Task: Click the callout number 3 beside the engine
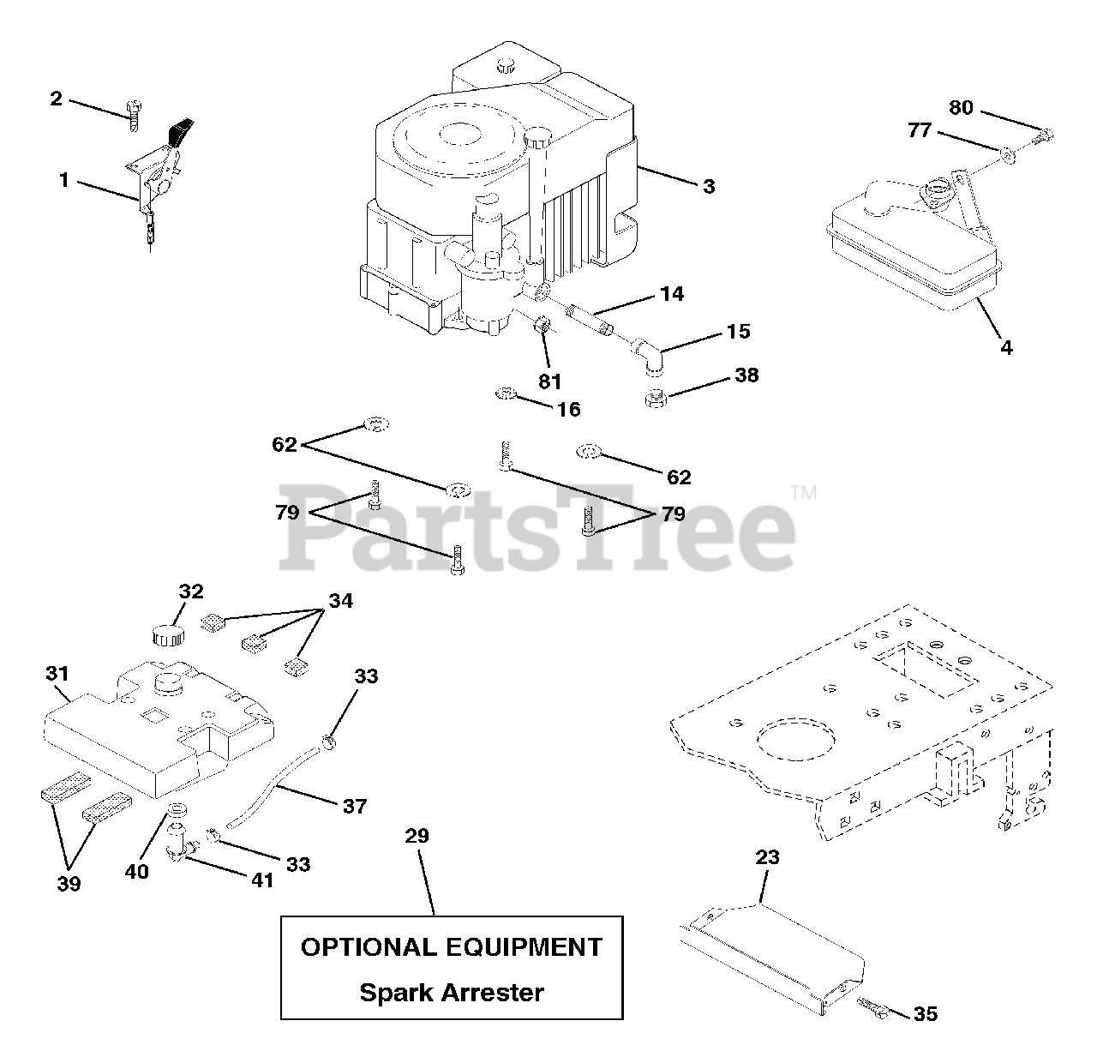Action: pos(709,186)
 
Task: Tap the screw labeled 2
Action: pos(133,115)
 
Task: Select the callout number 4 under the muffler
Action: pos(1006,347)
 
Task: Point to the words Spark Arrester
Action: pos(452,993)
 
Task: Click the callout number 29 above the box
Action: pos(417,836)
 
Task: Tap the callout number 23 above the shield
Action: pos(769,857)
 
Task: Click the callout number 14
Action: pos(672,293)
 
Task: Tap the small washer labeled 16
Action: pos(506,394)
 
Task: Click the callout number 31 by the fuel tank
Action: pos(57,674)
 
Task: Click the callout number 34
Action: pos(340,600)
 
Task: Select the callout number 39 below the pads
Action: pos(69,883)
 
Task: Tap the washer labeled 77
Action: pos(1008,154)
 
